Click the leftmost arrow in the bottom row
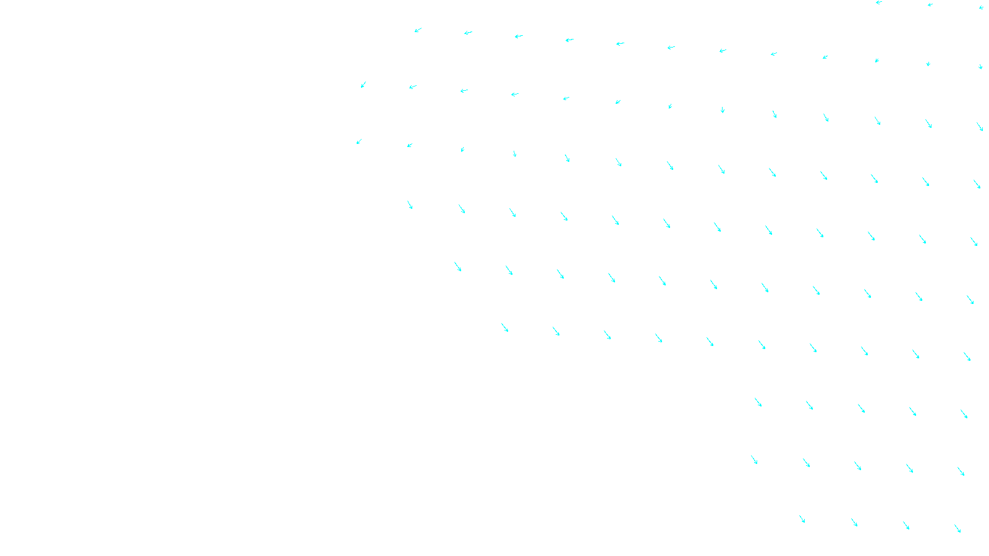802,519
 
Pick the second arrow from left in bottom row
854,522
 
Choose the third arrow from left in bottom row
906,525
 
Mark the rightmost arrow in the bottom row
957,528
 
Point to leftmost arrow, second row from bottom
754,460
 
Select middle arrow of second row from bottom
858,466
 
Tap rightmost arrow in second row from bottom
961,471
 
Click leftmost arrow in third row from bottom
758,402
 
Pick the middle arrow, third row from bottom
861,408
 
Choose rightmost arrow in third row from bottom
964,414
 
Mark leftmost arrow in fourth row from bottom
505,327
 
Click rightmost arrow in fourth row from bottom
967,356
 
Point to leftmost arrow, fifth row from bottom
458,266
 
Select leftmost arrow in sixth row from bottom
410,204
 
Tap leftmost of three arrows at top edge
878,2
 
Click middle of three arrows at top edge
930,5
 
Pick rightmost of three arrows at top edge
981,7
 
